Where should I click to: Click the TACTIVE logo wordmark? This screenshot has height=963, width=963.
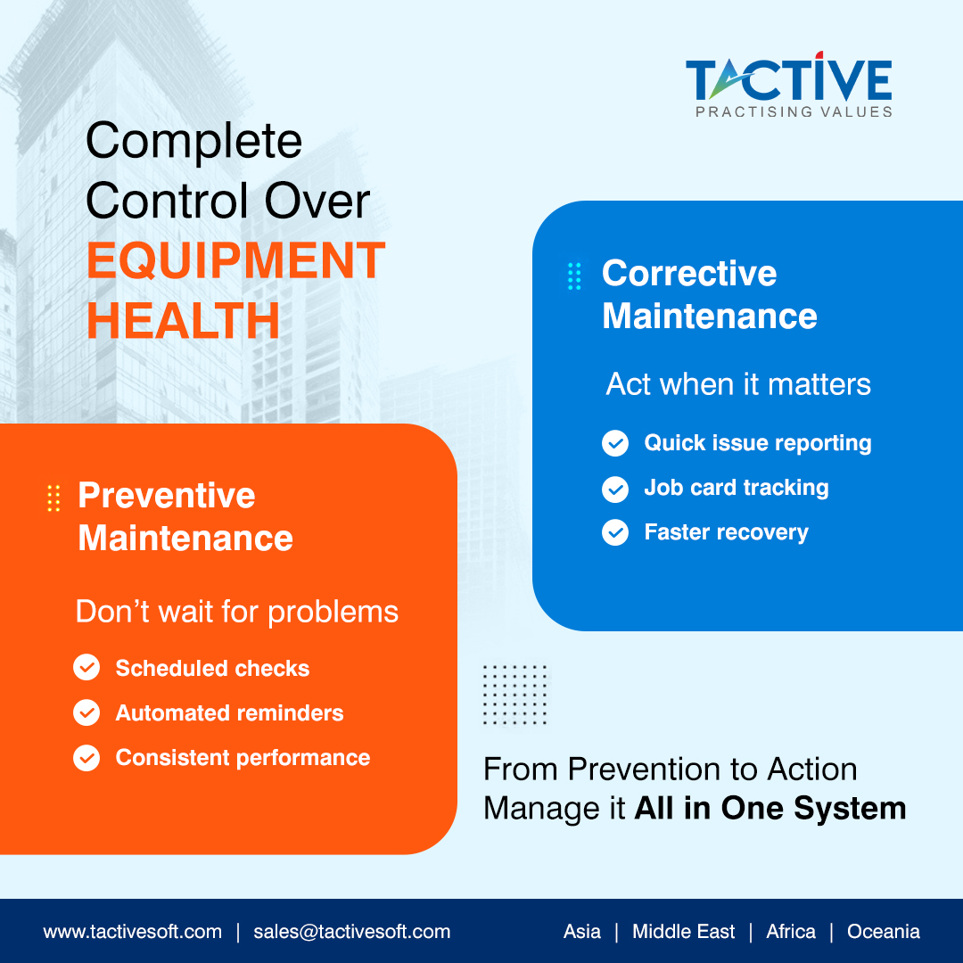pyautogui.click(x=788, y=79)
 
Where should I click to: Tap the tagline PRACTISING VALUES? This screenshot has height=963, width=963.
pyautogui.click(x=794, y=112)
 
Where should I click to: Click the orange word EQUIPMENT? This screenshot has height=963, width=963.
pyautogui.click(x=236, y=260)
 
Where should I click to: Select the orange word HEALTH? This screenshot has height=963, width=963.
pyautogui.click(x=183, y=321)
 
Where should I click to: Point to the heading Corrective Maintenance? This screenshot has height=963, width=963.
pyautogui.click(x=709, y=294)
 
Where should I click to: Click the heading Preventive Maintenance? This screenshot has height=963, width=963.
pyautogui.click(x=185, y=516)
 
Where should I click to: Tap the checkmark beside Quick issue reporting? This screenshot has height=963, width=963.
pyautogui.click(x=615, y=443)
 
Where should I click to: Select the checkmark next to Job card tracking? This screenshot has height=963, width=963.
pyautogui.click(x=615, y=489)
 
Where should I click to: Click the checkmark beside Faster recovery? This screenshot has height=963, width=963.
pyautogui.click(x=615, y=533)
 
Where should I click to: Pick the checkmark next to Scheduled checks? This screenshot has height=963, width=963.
pyautogui.click(x=86, y=668)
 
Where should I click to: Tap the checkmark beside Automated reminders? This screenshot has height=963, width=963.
pyautogui.click(x=86, y=713)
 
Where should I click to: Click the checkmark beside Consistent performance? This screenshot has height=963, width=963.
pyautogui.click(x=86, y=758)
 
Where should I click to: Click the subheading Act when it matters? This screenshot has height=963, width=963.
pyautogui.click(x=738, y=384)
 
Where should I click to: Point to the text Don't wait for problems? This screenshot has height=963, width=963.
pyautogui.click(x=236, y=612)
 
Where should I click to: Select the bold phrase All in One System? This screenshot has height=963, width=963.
pyautogui.click(x=770, y=809)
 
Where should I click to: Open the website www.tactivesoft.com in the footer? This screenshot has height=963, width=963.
pyautogui.click(x=132, y=932)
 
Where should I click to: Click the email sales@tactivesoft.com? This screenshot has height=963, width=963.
pyautogui.click(x=351, y=932)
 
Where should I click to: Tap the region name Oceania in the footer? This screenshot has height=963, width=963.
pyautogui.click(x=883, y=932)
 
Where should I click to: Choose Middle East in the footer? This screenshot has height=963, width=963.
pyautogui.click(x=683, y=932)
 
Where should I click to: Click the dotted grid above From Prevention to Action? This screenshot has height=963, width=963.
pyautogui.click(x=514, y=694)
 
